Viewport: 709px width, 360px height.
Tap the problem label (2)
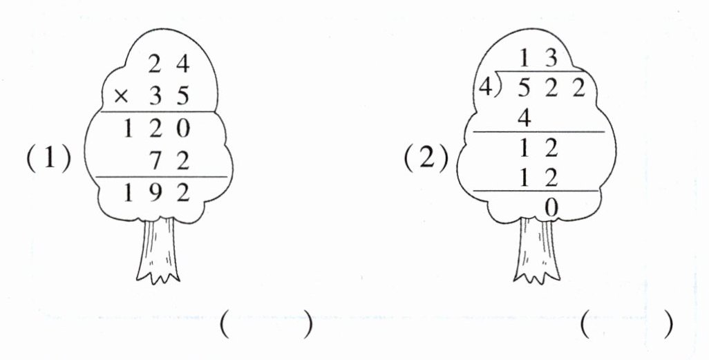(423, 159)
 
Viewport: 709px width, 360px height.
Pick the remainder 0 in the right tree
(551, 206)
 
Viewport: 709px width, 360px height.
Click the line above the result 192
(161, 178)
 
